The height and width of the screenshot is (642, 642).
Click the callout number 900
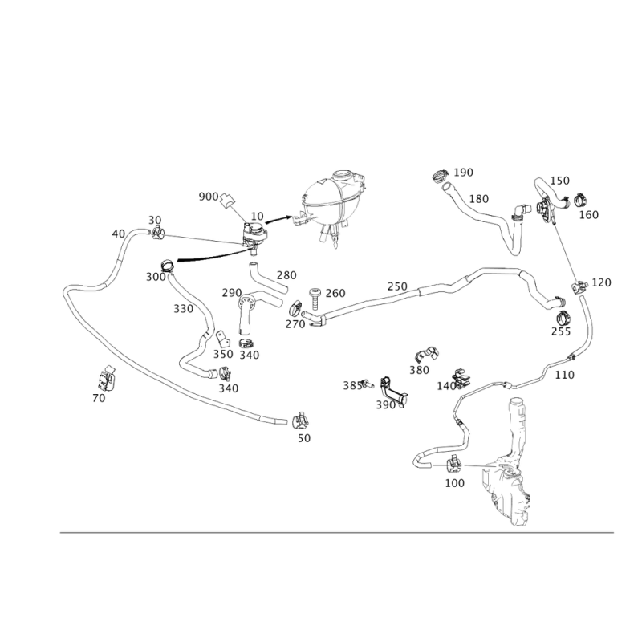(209, 197)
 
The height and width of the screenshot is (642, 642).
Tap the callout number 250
(397, 286)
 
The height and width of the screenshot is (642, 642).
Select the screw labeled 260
(315, 298)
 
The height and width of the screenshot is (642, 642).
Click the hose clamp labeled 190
(440, 176)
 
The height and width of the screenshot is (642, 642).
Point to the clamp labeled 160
(580, 200)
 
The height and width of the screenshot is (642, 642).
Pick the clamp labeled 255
(563, 318)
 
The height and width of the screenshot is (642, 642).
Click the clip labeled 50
(300, 421)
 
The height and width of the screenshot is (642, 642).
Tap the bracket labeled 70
(107, 377)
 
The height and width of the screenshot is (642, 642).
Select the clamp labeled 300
(168, 266)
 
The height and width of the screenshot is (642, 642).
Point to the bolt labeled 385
(368, 384)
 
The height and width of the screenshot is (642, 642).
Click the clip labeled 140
(461, 379)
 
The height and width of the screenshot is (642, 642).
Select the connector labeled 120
(579, 286)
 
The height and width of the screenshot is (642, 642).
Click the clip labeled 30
(157, 234)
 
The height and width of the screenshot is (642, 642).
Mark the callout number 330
(183, 309)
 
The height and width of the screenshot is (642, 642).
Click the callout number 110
(564, 375)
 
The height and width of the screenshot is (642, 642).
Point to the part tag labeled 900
(226, 201)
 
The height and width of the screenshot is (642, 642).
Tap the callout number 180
(478, 199)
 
